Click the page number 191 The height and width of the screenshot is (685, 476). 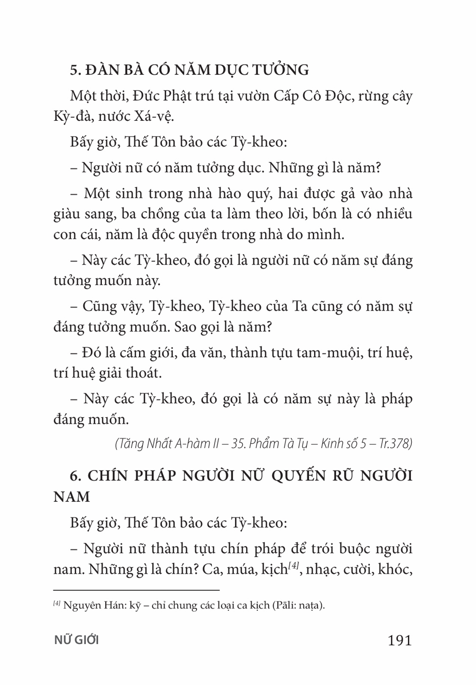point(399,640)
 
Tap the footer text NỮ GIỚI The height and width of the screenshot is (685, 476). point(76,640)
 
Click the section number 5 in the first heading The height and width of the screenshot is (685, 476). point(74,70)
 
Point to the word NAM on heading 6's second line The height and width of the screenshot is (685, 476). point(71,497)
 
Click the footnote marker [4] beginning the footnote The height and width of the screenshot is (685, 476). point(56,603)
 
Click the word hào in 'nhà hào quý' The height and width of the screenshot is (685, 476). point(243,194)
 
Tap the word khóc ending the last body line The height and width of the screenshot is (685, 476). point(395,569)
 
